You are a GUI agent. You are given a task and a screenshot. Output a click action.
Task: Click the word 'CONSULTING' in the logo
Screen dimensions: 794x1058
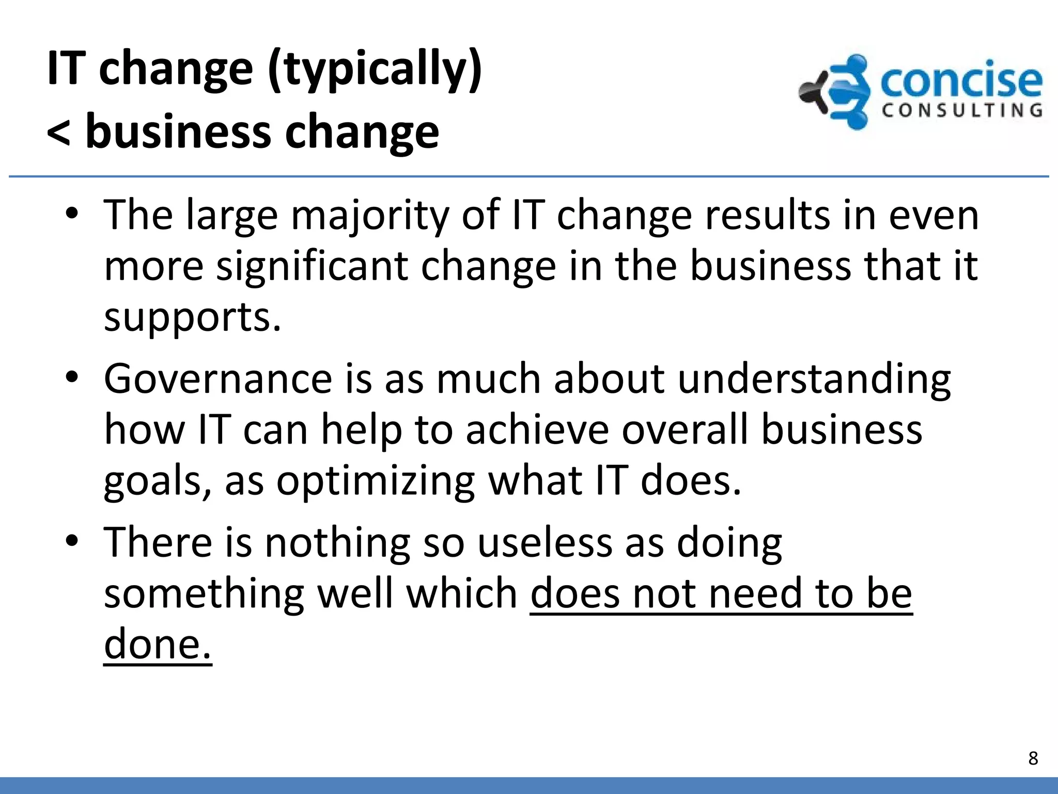click(962, 110)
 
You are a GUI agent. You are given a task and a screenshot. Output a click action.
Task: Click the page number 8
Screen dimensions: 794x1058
click(1033, 758)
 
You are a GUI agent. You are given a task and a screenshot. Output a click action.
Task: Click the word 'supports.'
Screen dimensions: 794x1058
click(192, 317)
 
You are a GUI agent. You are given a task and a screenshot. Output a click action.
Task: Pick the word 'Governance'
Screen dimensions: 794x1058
click(217, 379)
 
